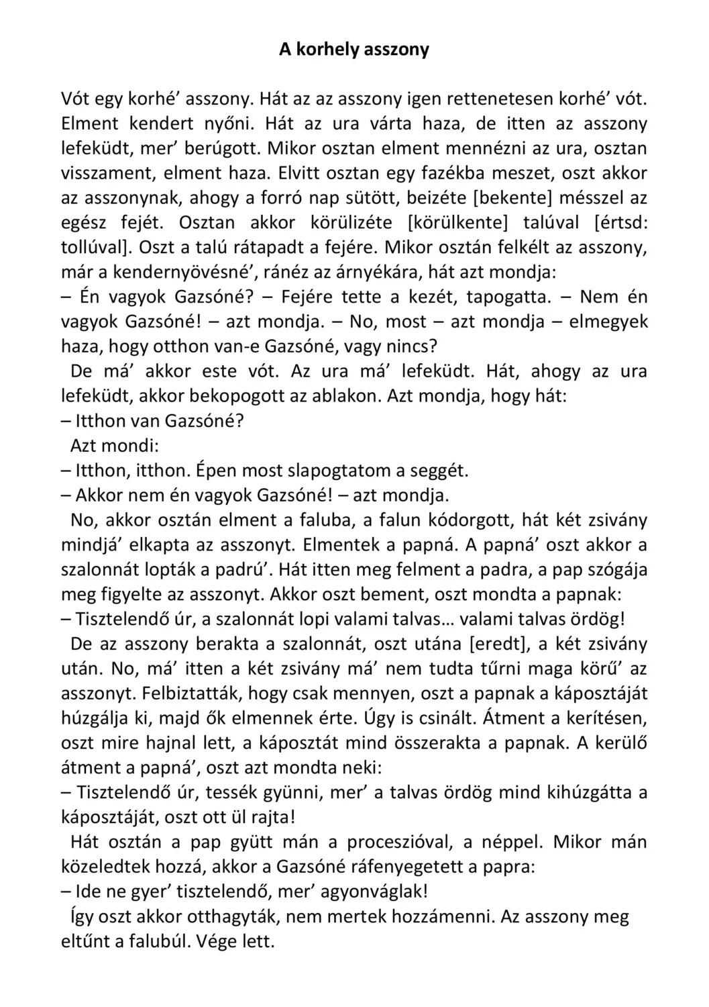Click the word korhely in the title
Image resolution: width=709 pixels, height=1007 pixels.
coord(327,50)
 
